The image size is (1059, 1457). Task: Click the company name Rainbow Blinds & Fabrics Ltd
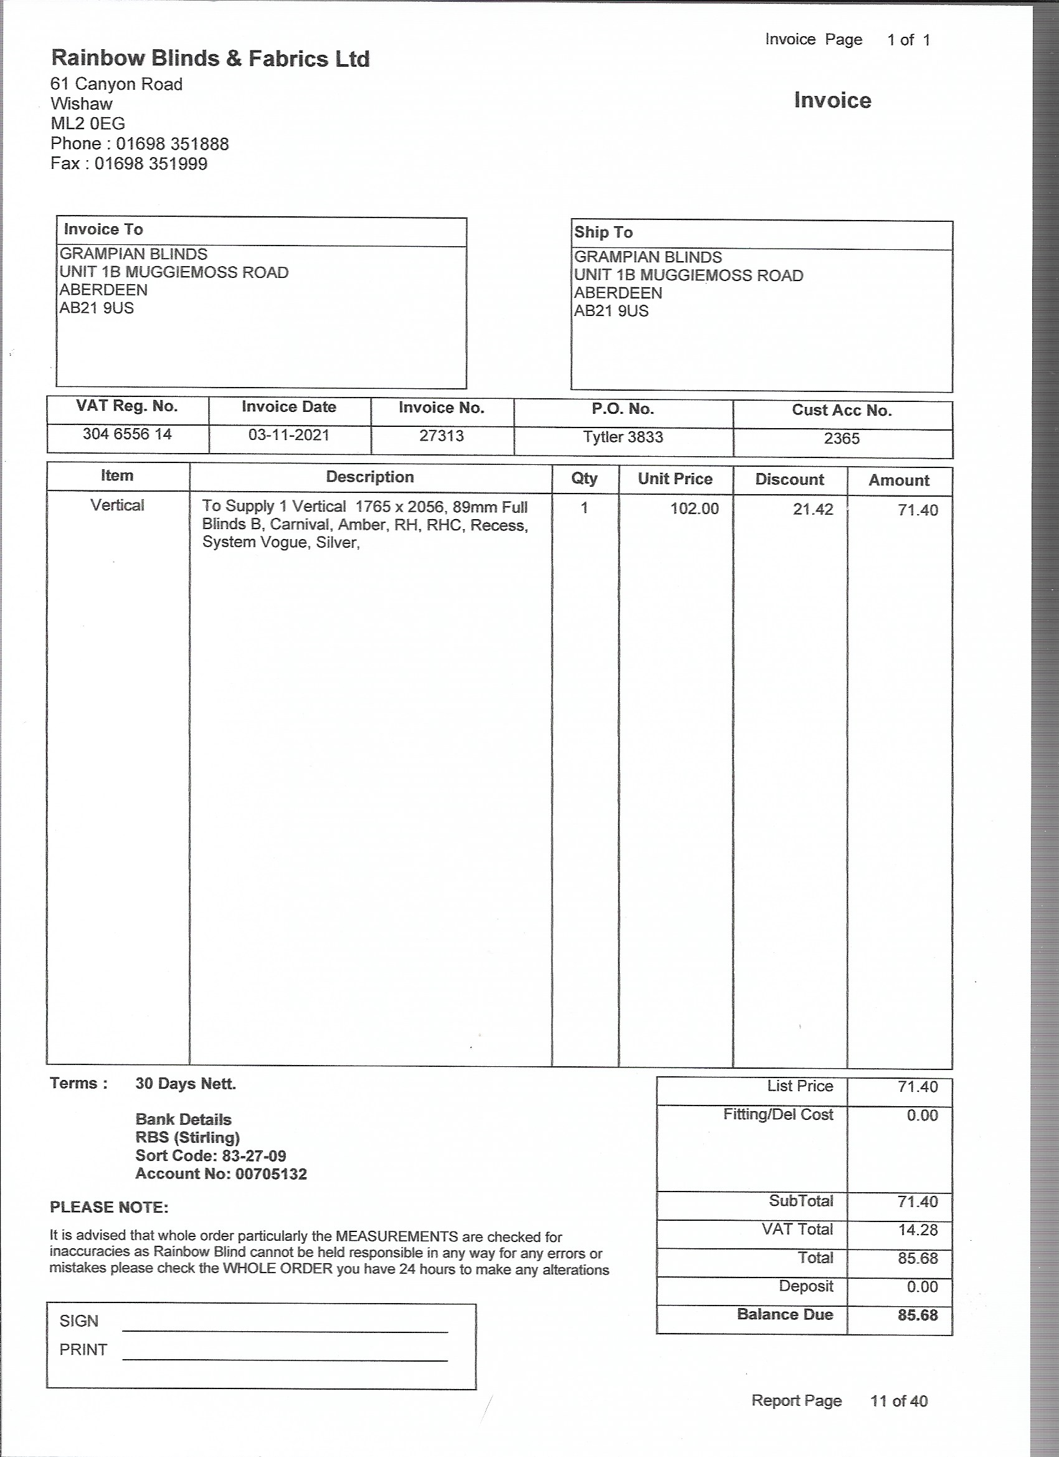click(210, 59)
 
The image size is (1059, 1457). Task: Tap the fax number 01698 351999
click(151, 164)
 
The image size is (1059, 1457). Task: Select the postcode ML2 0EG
click(88, 123)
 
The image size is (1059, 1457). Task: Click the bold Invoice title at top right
click(832, 100)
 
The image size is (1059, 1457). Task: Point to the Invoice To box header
click(103, 229)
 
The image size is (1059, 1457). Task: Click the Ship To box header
click(603, 232)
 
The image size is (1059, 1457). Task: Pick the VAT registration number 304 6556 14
click(127, 434)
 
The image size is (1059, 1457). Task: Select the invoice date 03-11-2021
click(288, 436)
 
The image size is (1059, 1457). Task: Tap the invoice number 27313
click(441, 436)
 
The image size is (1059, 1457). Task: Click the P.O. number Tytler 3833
click(622, 437)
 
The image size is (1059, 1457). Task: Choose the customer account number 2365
click(842, 439)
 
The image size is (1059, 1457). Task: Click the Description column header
click(370, 477)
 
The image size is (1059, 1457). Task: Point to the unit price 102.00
click(694, 509)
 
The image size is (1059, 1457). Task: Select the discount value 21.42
click(812, 509)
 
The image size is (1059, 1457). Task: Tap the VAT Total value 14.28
click(918, 1230)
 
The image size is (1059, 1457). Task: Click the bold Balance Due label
click(785, 1314)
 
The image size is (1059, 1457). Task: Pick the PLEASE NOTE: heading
click(109, 1208)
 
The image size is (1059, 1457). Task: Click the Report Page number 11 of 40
click(898, 1401)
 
